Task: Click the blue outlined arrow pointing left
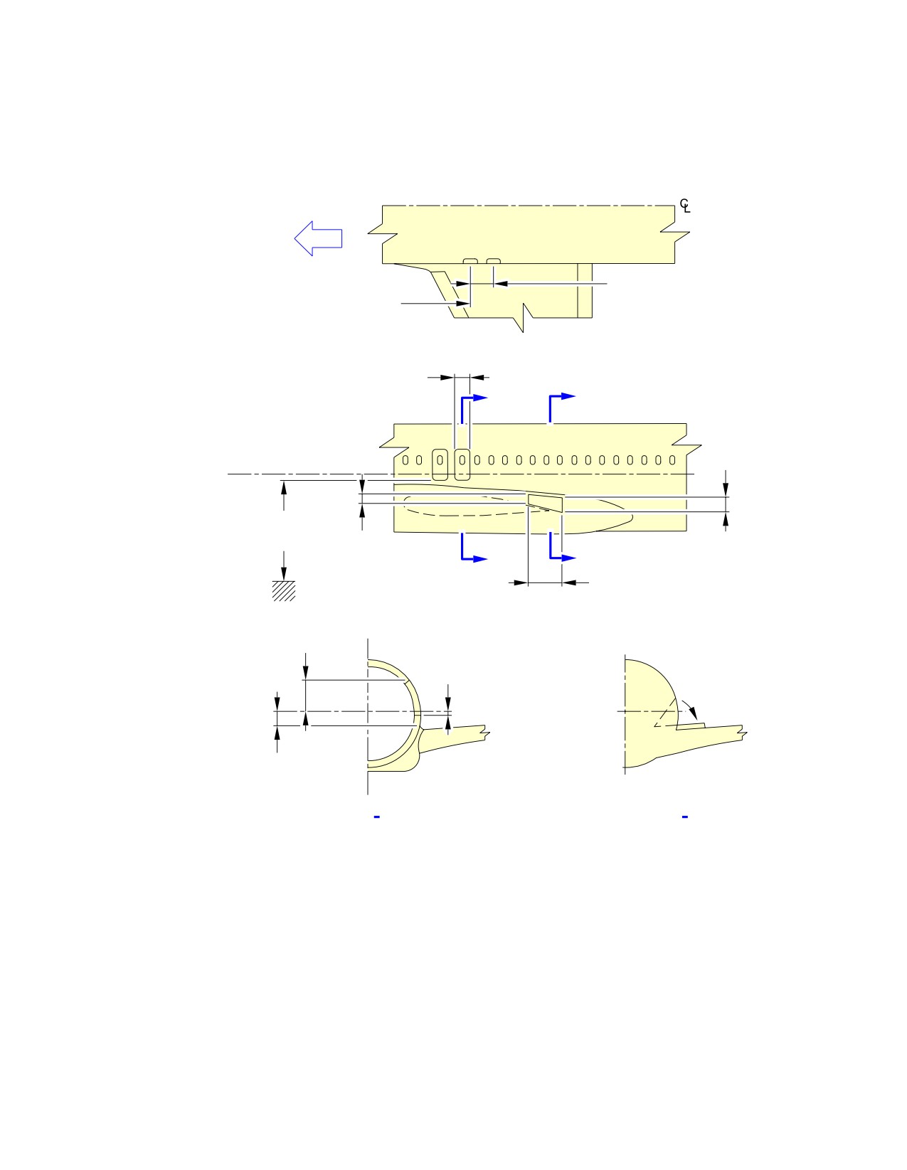coord(317,238)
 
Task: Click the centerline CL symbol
coord(684,206)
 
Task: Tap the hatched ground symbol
coord(284,590)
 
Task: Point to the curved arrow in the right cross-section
coord(690,708)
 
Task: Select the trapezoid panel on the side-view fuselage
coord(545,503)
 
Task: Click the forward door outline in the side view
coord(440,464)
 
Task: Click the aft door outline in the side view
coord(462,464)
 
